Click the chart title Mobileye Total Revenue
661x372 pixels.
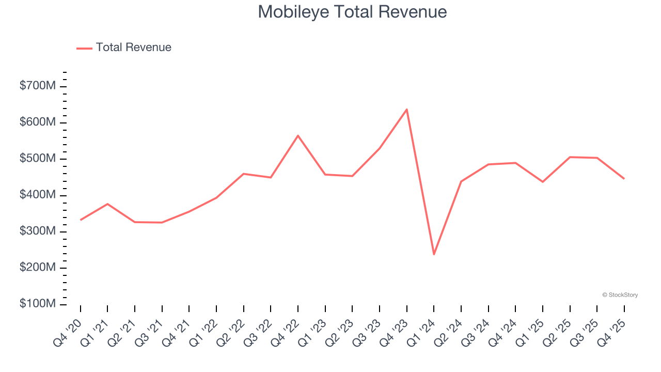pyautogui.click(x=352, y=12)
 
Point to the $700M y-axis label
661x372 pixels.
pyautogui.click(x=38, y=86)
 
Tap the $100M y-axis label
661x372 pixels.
pyautogui.click(x=38, y=304)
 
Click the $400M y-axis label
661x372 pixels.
pyautogui.click(x=38, y=195)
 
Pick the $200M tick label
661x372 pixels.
pyautogui.click(x=38, y=268)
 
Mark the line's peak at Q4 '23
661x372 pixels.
pyautogui.click(x=406, y=110)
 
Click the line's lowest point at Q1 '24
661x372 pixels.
pyautogui.click(x=434, y=254)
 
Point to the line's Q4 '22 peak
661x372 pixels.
pyautogui.click(x=298, y=136)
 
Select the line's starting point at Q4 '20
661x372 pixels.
pyautogui.click(x=81, y=220)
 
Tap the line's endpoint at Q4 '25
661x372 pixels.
pyautogui.click(x=624, y=179)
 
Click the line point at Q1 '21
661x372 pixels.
pyautogui.click(x=107, y=204)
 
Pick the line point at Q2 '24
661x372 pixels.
pyautogui.click(x=461, y=181)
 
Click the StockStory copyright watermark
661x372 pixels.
pyautogui.click(x=620, y=295)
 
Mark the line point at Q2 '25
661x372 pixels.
pyautogui.click(x=570, y=157)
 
